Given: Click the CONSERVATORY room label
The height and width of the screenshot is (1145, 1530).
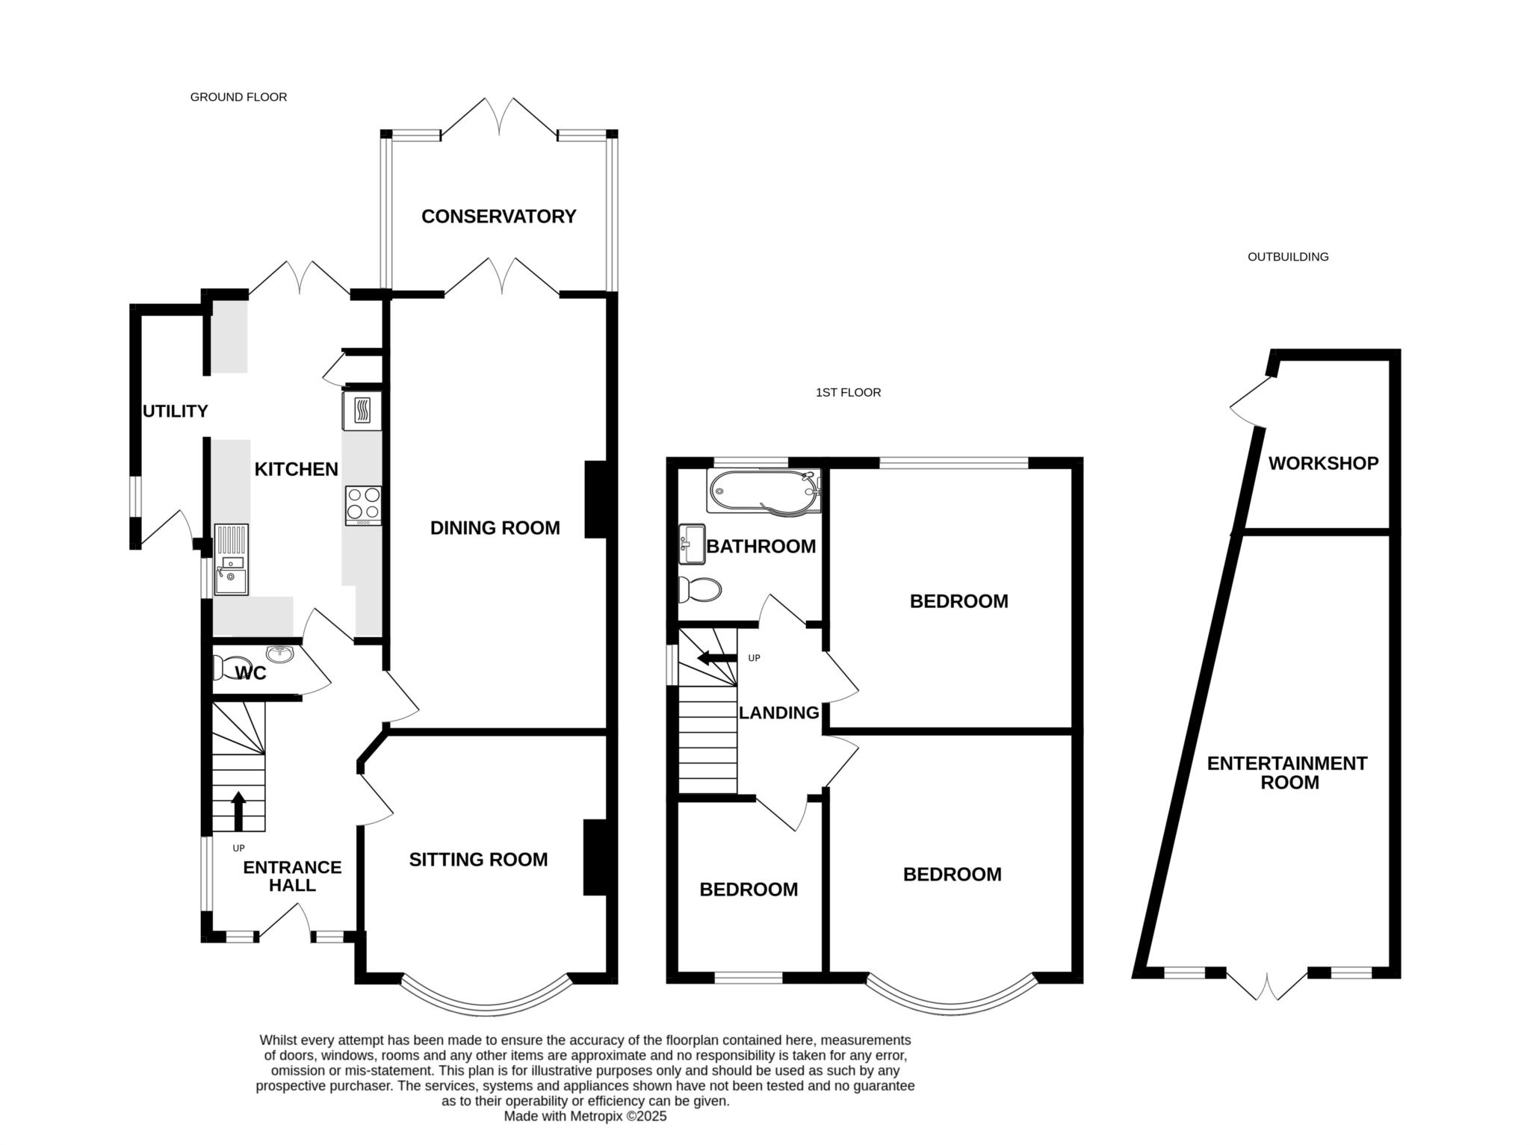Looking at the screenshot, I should pyautogui.click(x=498, y=217).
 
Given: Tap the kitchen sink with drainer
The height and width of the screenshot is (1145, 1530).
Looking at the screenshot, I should pyautogui.click(x=231, y=559).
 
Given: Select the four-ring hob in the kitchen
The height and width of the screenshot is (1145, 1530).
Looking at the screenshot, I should pyautogui.click(x=363, y=505).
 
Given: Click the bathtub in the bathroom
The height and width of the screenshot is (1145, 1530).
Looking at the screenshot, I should pyautogui.click(x=763, y=491).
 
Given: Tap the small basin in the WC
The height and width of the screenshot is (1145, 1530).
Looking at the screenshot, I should pyautogui.click(x=282, y=654).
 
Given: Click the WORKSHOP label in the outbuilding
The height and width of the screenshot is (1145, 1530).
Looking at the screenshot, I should pyautogui.click(x=1323, y=463).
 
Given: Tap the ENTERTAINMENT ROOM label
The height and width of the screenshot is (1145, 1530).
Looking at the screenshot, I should pyautogui.click(x=1287, y=773).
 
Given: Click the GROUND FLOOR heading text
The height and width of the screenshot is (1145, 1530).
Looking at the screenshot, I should pyautogui.click(x=238, y=97).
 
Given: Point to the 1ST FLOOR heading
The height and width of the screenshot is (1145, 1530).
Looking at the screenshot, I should pyautogui.click(x=848, y=392).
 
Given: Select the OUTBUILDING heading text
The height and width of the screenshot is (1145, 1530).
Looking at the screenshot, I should pyautogui.click(x=1288, y=257).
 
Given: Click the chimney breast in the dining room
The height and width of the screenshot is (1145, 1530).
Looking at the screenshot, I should pyautogui.click(x=597, y=500).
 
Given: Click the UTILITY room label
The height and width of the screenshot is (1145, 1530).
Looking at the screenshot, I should pyautogui.click(x=175, y=412).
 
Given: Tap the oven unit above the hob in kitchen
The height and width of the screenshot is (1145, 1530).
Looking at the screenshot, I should pyautogui.click(x=362, y=411).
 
